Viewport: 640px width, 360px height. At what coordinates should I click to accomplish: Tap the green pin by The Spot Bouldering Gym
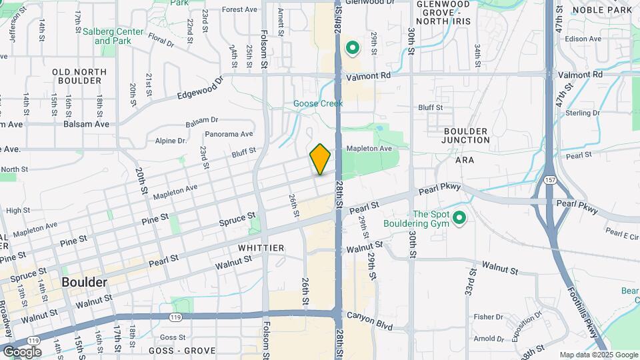tap(459, 217)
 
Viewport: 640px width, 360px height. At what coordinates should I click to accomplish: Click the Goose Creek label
tap(318, 103)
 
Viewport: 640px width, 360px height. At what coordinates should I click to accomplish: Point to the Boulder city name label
tap(84, 282)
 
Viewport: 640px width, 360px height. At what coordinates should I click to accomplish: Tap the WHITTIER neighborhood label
tap(261, 248)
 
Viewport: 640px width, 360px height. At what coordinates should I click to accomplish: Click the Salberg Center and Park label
tap(117, 36)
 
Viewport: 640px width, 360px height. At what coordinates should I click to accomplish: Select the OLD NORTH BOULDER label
tap(77, 76)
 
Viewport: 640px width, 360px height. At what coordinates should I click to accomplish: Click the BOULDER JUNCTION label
tap(465, 136)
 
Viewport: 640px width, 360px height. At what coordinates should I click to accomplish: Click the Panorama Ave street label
tap(229, 134)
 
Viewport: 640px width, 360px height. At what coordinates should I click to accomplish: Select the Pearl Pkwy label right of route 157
tap(575, 203)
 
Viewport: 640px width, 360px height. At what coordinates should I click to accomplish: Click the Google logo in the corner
tap(23, 351)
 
